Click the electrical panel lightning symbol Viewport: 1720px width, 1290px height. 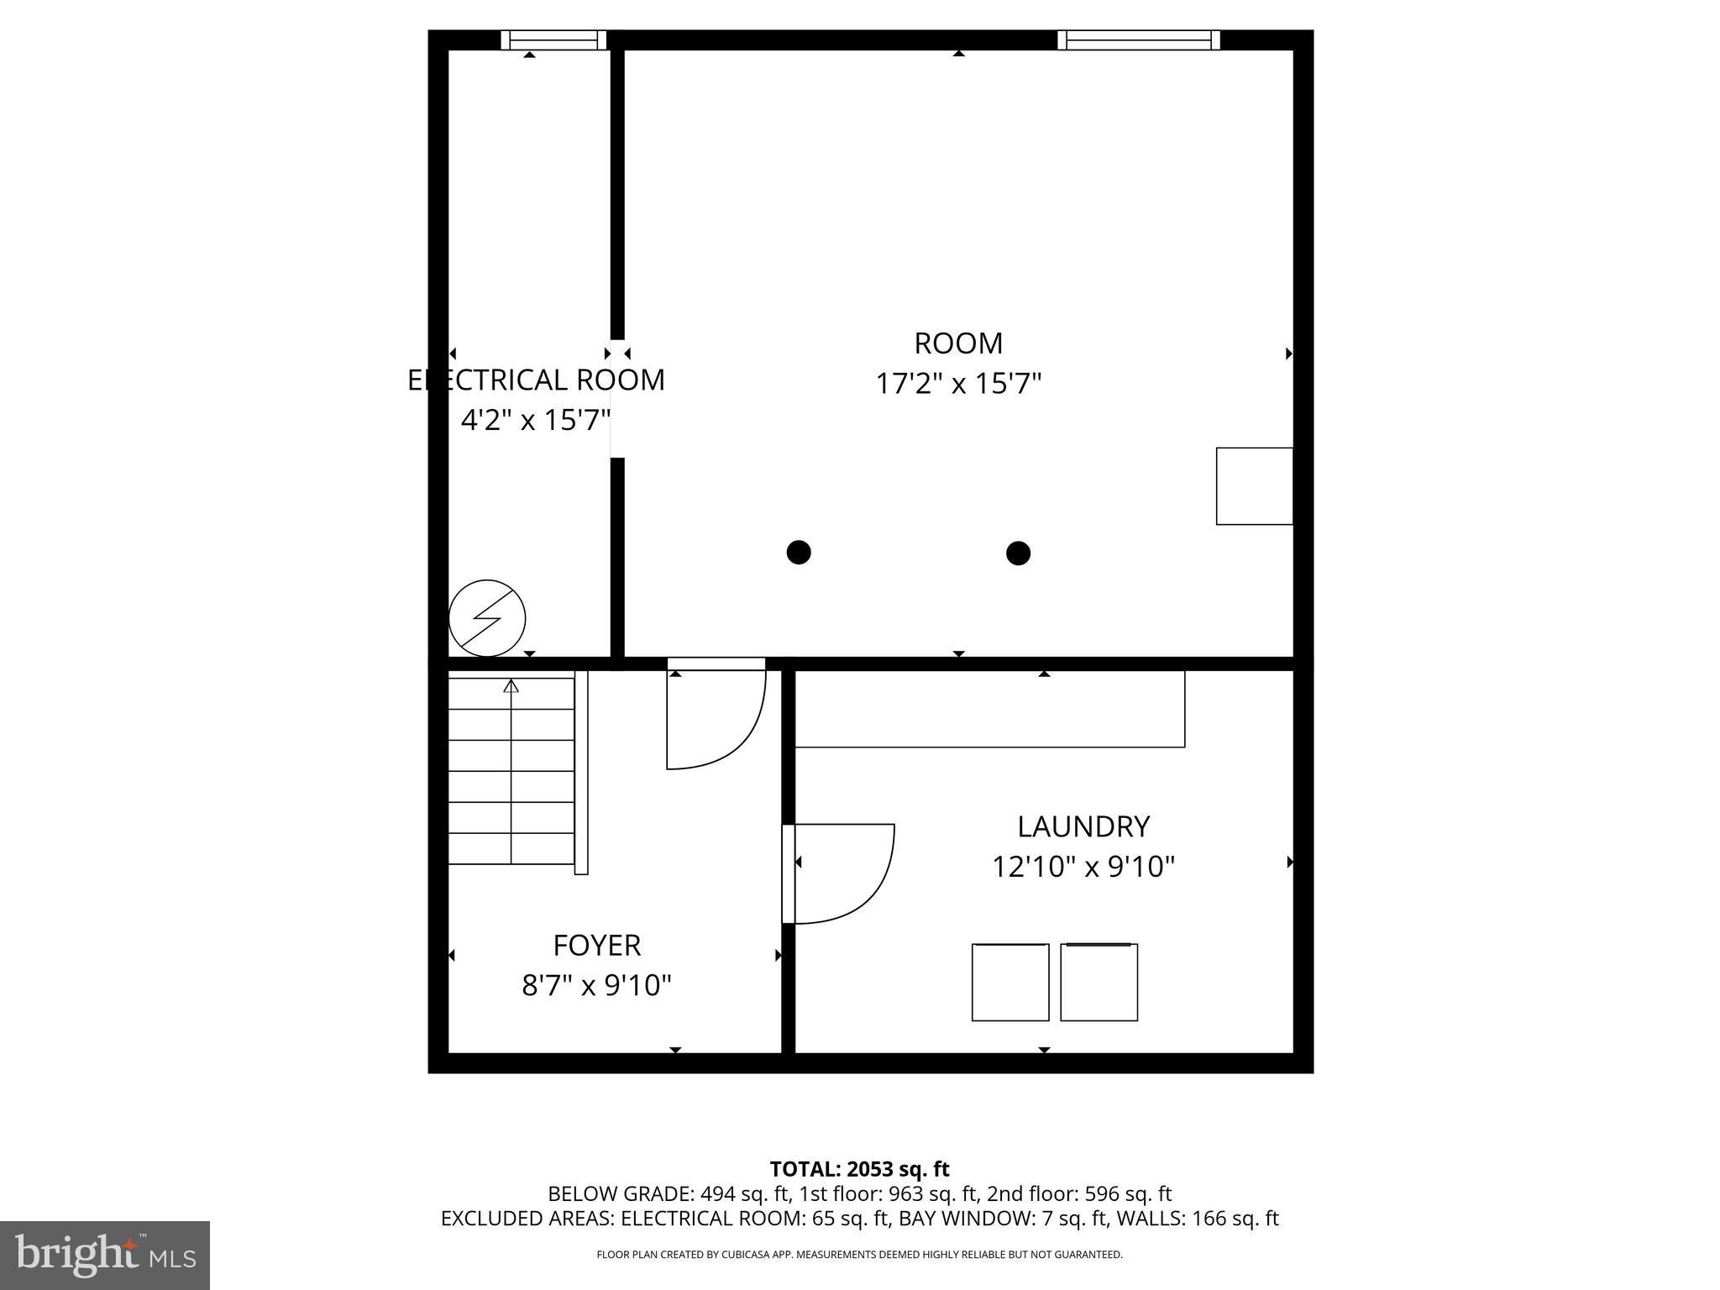pyautogui.click(x=487, y=618)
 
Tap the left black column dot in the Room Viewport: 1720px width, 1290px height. pyautogui.click(x=798, y=553)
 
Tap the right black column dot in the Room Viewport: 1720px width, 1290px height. pyautogui.click(x=1018, y=553)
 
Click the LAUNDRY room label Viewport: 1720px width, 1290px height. pyautogui.click(x=1083, y=826)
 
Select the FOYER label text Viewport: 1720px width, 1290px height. pyautogui.click(x=596, y=946)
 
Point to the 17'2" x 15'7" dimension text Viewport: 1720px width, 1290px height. pyautogui.click(x=958, y=384)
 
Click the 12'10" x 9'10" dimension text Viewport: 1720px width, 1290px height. pyautogui.click(x=1083, y=866)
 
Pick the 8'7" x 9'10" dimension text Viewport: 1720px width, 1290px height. pyautogui.click(x=596, y=984)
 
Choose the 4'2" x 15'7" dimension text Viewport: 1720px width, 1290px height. pyautogui.click(x=535, y=419)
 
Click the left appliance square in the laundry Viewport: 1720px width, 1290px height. pyautogui.click(x=1009, y=982)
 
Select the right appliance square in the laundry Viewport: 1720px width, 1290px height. pyautogui.click(x=1099, y=982)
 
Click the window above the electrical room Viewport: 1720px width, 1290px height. pyautogui.click(x=553, y=39)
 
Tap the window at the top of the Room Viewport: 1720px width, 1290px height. pyautogui.click(x=1138, y=39)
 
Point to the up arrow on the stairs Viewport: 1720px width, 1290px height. pyautogui.click(x=511, y=687)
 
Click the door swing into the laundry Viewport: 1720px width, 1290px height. pyautogui.click(x=844, y=873)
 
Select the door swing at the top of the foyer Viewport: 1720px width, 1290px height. pyautogui.click(x=716, y=718)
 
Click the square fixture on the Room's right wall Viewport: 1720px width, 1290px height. pyautogui.click(x=1254, y=485)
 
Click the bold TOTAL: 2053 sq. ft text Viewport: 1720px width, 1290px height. pyautogui.click(x=859, y=1168)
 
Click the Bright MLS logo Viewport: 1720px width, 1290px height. pyautogui.click(x=105, y=1255)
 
